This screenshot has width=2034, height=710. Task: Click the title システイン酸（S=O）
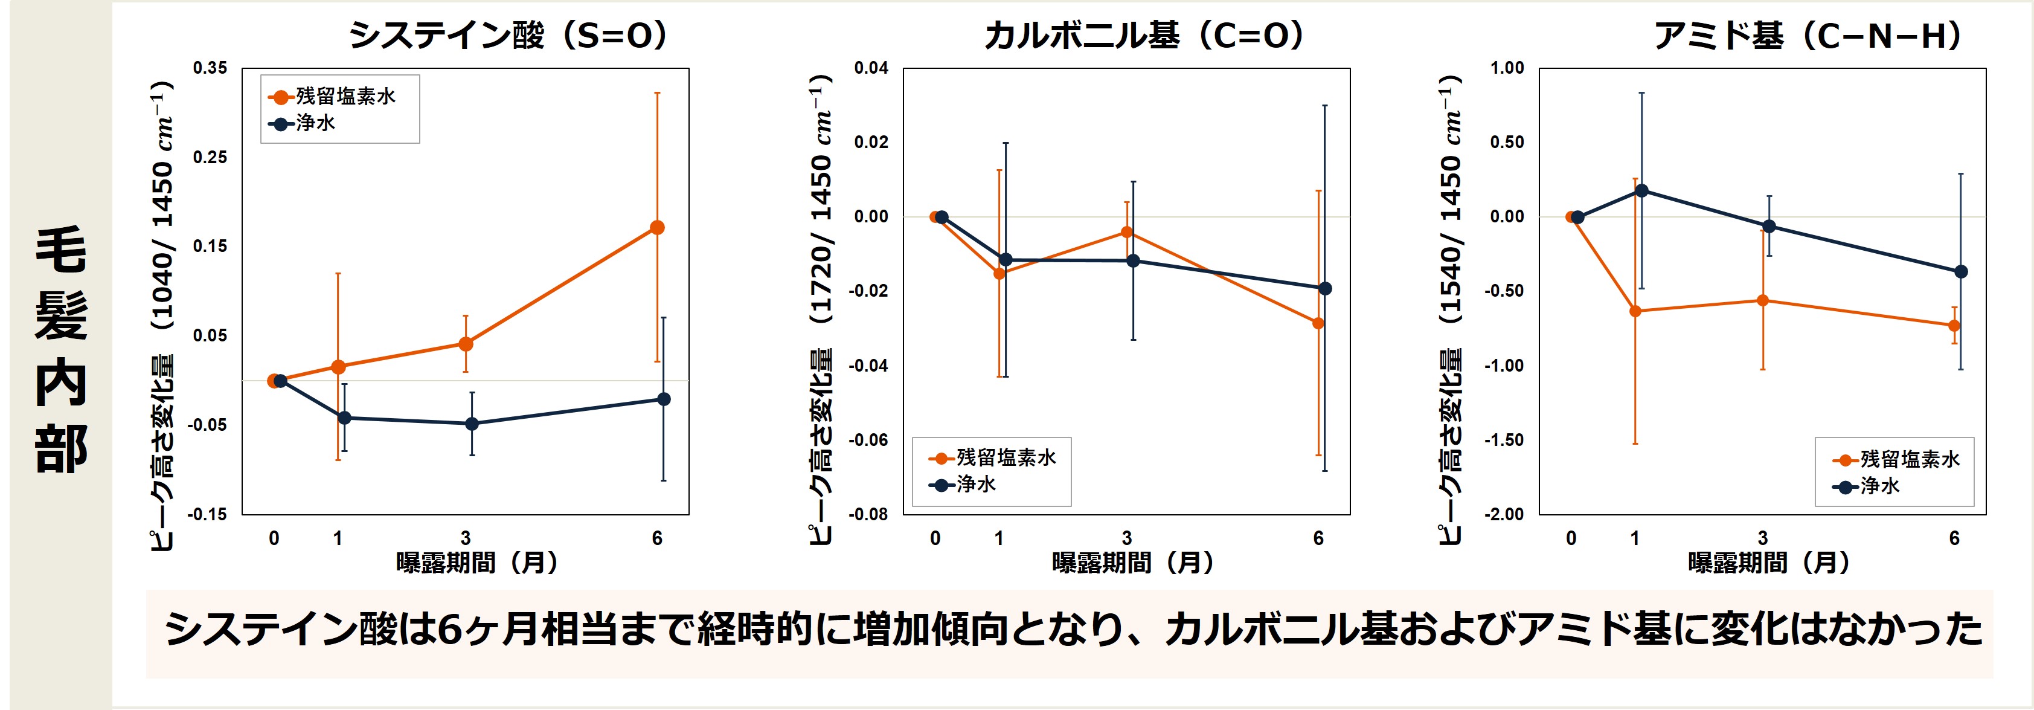pos(508,36)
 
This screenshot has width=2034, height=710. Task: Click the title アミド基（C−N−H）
pos(1808,36)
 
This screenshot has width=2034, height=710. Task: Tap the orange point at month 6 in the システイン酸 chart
pos(657,227)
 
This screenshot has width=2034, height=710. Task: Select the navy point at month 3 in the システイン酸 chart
pos(472,424)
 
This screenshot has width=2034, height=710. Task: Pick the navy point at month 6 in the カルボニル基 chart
pos(1325,288)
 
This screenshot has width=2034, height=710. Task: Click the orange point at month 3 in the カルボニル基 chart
pos(1127,232)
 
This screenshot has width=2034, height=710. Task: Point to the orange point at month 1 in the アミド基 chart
pos(1635,311)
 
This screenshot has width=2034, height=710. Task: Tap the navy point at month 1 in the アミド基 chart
pos(1641,190)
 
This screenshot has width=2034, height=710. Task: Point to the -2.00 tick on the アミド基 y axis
pos(1504,514)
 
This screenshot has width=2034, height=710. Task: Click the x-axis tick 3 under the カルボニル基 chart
pos(1127,538)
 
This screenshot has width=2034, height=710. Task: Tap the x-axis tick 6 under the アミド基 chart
pos(1954,538)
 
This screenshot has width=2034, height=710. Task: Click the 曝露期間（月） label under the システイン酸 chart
pos(477,563)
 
